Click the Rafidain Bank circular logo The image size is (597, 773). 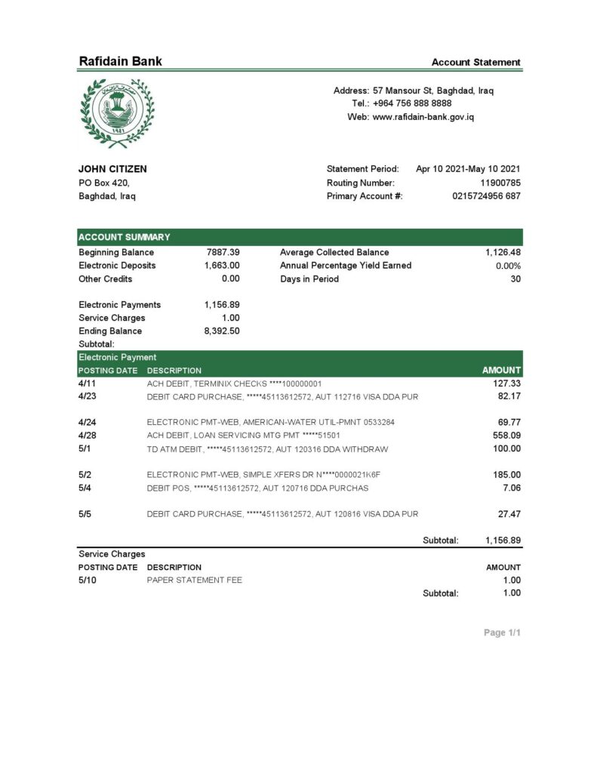(x=115, y=112)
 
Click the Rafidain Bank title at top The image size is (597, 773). (x=120, y=62)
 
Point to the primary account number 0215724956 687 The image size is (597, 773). (x=486, y=196)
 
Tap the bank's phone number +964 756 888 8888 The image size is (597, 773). (x=412, y=103)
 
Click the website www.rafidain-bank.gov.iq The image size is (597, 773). (x=423, y=117)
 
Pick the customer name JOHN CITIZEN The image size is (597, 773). (x=112, y=169)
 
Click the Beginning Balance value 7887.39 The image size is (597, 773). (x=223, y=252)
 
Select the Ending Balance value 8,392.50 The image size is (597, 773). (x=222, y=331)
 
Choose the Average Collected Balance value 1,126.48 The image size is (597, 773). (x=503, y=252)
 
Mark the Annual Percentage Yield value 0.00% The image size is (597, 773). (x=508, y=266)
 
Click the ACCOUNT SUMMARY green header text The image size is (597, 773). (x=125, y=237)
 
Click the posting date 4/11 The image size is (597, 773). (x=88, y=383)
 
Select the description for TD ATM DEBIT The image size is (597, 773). (x=267, y=449)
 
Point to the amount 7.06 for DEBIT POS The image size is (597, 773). (x=511, y=488)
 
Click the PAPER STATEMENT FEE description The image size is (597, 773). (x=195, y=580)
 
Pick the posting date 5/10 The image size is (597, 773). (x=88, y=580)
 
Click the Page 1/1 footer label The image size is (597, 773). (x=502, y=633)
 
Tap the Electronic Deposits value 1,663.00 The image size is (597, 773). (x=222, y=266)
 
